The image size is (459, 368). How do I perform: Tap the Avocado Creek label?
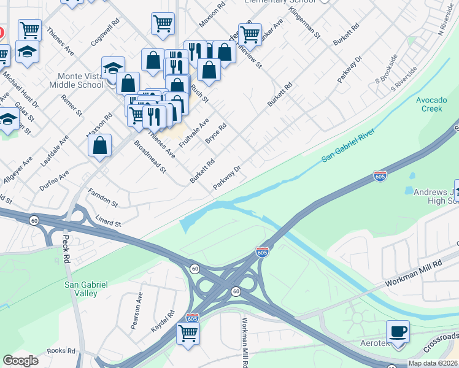tap(429, 104)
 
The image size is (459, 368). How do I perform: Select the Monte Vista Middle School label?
tap(80, 80)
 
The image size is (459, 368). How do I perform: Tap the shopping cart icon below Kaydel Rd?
tap(188, 334)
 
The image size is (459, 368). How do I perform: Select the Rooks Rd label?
tap(60, 351)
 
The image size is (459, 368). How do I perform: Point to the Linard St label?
tap(109, 220)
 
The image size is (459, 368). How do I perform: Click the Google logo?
tap(20, 361)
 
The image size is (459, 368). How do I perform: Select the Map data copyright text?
tap(431, 363)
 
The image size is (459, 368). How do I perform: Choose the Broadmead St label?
tap(150, 157)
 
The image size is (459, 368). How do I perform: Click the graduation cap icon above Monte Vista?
tap(113, 69)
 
